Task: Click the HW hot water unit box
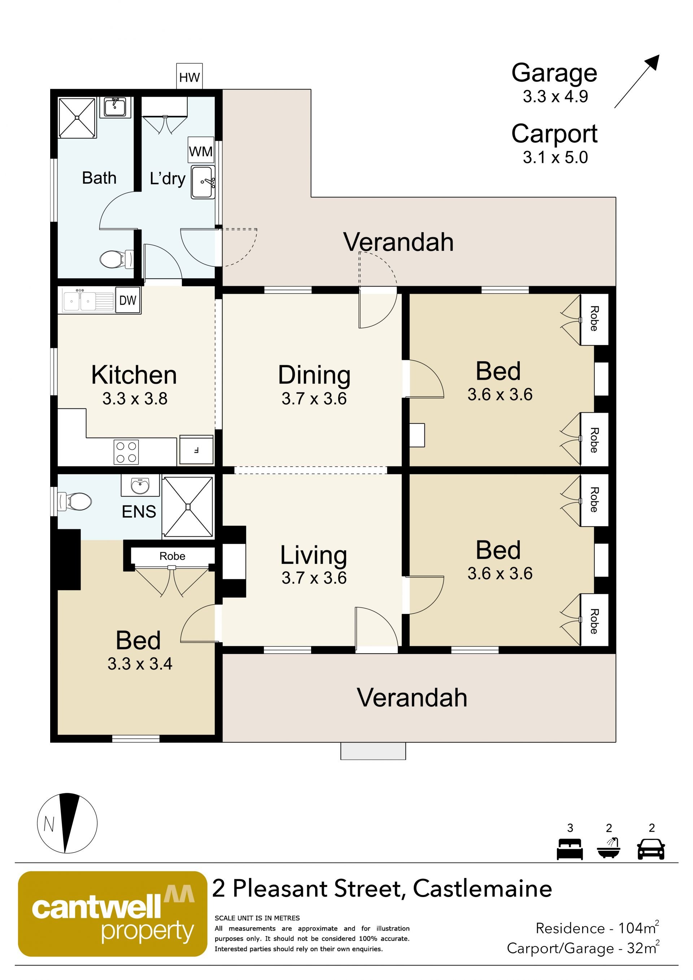[x=189, y=77]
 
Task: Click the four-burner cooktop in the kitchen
[x=126, y=452]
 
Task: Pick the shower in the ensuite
[x=188, y=507]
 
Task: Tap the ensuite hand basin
[x=140, y=485]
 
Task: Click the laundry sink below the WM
[x=203, y=182]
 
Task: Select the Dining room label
[x=314, y=375]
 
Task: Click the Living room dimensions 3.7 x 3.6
[x=314, y=578]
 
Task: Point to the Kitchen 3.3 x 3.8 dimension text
[x=135, y=398]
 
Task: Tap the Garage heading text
[x=554, y=73]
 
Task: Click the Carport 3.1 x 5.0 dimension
[x=555, y=157]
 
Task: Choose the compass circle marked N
[x=67, y=823]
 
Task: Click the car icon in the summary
[x=651, y=849]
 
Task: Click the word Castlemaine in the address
[x=483, y=889]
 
